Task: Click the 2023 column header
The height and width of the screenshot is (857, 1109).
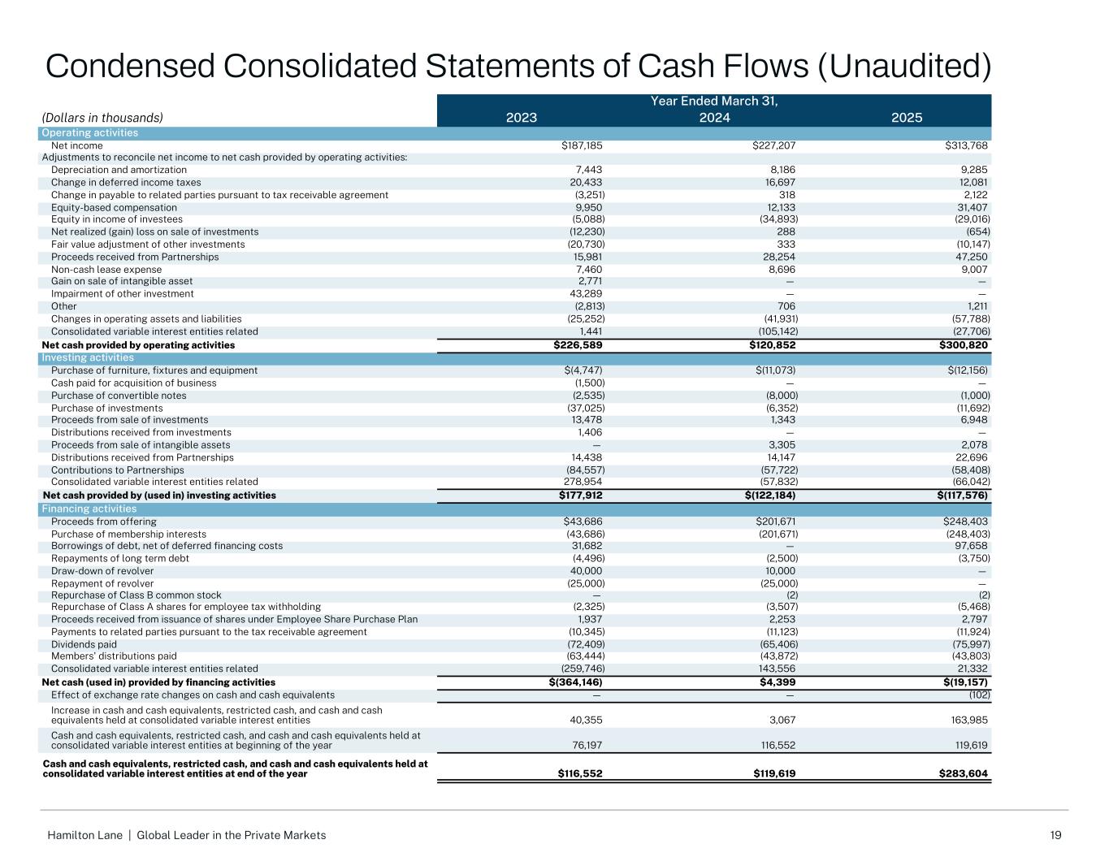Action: pyautogui.click(x=522, y=118)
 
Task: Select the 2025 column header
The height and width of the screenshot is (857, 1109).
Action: pyautogui.click(x=907, y=118)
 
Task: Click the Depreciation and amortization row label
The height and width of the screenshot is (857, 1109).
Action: pyautogui.click(x=119, y=170)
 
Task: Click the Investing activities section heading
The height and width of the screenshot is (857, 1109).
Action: pyautogui.click(x=88, y=358)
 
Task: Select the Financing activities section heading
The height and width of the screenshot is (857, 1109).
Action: pyautogui.click(x=89, y=509)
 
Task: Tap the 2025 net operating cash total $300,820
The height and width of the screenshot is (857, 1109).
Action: pyautogui.click(x=964, y=345)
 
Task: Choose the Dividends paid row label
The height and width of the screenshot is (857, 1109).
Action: pyautogui.click(x=84, y=645)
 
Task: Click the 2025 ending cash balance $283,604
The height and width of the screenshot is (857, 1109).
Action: pyautogui.click(x=964, y=774)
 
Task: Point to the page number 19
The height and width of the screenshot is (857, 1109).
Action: pyautogui.click(x=1055, y=835)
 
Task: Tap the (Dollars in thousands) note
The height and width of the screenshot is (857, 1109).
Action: pyautogui.click(x=102, y=118)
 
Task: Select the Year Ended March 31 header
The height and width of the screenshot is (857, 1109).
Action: pyautogui.click(x=714, y=102)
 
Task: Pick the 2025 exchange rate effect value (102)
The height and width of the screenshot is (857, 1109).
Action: pyautogui.click(x=978, y=695)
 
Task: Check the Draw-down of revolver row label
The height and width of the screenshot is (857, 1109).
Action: pyautogui.click(x=102, y=571)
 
